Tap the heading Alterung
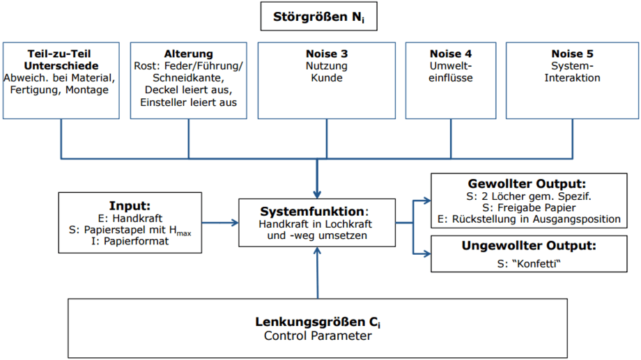[x=188, y=54]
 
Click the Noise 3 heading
[x=327, y=54]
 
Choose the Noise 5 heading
[x=573, y=54]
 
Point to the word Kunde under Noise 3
[x=327, y=78]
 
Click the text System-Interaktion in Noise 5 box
[x=573, y=72]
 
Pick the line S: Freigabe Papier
[x=525, y=208]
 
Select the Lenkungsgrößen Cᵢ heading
[x=318, y=322]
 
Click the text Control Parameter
[x=318, y=336]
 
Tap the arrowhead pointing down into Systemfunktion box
[x=318, y=193]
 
